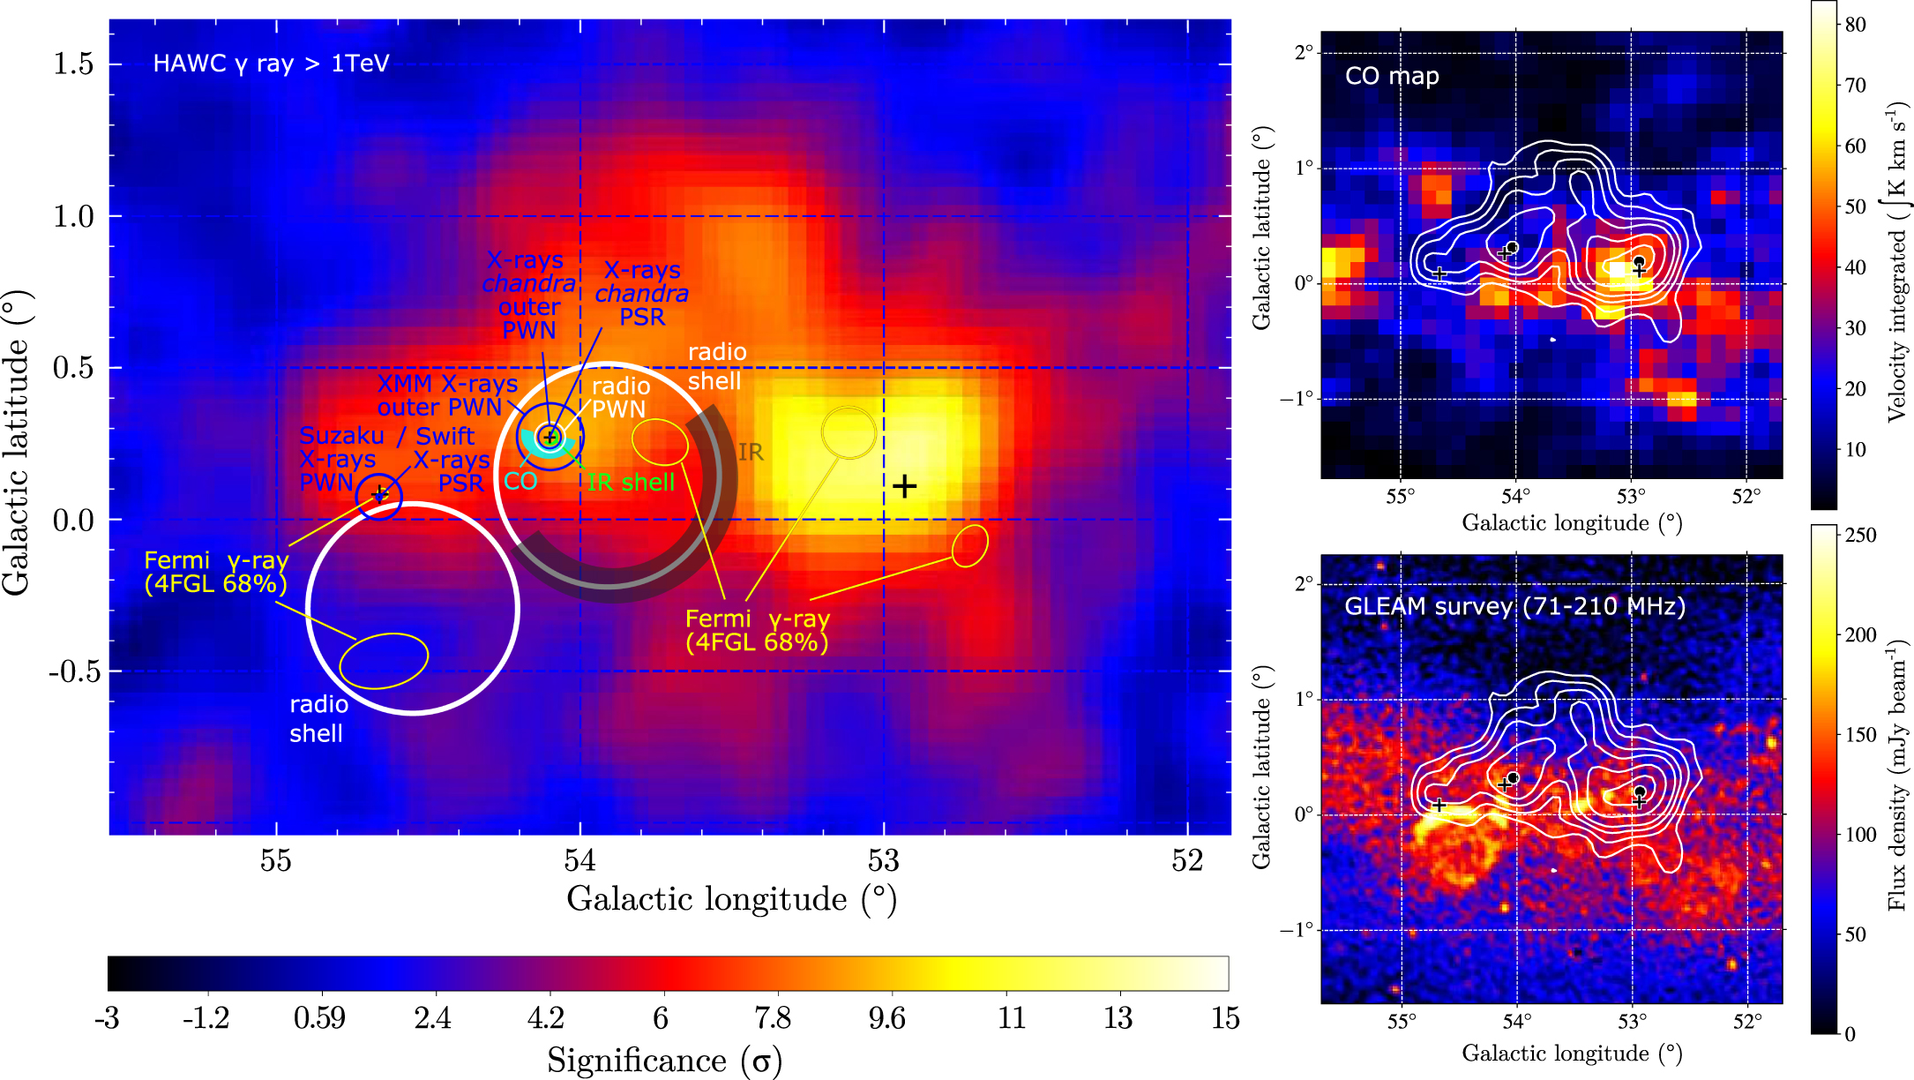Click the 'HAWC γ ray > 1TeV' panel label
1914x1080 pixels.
coord(271,64)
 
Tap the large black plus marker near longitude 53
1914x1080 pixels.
coord(904,486)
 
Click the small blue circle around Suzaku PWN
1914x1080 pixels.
coord(379,497)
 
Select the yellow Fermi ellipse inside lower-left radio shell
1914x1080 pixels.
coord(385,660)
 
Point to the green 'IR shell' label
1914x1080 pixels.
coord(631,483)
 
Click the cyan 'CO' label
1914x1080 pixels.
coord(520,481)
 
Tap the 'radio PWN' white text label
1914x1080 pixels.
coord(619,398)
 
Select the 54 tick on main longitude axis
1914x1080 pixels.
coord(579,860)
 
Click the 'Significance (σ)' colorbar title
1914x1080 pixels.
coord(664,1060)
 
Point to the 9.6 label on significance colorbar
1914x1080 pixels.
coord(886,1018)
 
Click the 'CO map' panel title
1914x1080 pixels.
coord(1392,76)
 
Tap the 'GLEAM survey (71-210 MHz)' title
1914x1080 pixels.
coord(1514,606)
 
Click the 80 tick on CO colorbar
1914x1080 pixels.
coord(1856,25)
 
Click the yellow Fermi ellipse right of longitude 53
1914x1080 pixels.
coord(970,545)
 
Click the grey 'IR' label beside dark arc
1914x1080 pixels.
coord(751,453)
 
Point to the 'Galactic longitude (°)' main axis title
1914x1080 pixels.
coord(731,899)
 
